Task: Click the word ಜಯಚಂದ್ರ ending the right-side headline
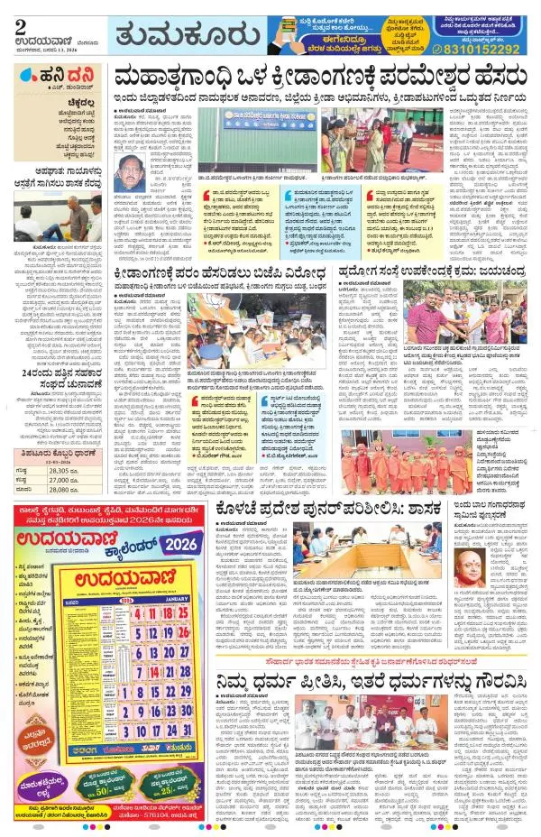pyautogui.click(x=506, y=271)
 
